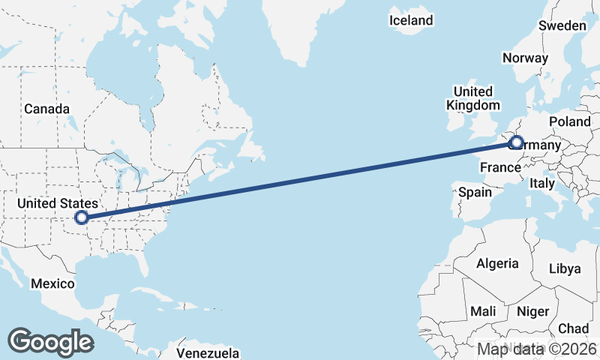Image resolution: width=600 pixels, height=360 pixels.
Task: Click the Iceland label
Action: point(411,20)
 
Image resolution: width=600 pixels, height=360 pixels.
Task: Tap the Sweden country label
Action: point(562,25)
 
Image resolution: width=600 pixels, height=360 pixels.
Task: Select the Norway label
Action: point(526,58)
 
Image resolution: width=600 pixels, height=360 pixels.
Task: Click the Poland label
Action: point(570,121)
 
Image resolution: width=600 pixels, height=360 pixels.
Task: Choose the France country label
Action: point(500,166)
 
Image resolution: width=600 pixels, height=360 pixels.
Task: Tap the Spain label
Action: point(475,192)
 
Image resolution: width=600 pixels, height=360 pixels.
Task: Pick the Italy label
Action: point(542,183)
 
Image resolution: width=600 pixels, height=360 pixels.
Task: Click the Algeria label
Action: point(497,263)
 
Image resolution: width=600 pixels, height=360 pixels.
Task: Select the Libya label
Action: point(565,268)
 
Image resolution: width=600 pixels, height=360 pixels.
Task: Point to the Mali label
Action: point(483,310)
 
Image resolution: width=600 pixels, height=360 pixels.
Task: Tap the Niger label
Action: point(533,310)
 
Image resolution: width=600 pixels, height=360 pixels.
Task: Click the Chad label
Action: point(574,328)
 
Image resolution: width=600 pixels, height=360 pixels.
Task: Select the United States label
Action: point(58,203)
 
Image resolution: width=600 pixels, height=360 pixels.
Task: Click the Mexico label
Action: point(52,283)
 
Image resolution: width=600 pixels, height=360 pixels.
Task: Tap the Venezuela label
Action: point(208,352)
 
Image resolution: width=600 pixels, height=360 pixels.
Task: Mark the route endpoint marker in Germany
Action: point(516,142)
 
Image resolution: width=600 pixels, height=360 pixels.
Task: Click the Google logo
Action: point(50,341)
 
